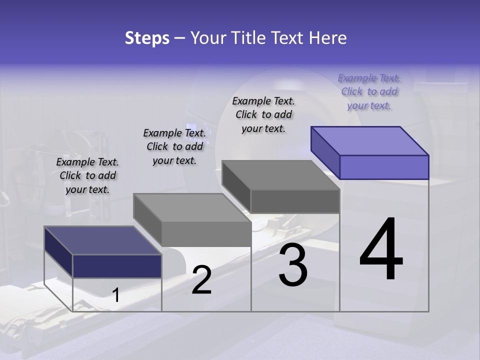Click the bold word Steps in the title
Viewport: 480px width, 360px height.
pyautogui.click(x=147, y=38)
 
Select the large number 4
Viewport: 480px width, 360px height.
pyautogui.click(x=381, y=250)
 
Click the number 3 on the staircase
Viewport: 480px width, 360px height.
pyautogui.click(x=293, y=265)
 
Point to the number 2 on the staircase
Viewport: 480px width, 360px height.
pyautogui.click(x=201, y=280)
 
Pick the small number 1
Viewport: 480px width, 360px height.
pyautogui.click(x=116, y=295)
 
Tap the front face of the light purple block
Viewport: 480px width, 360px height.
pyautogui.click(x=384, y=167)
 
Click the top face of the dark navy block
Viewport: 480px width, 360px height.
pyautogui.click(x=103, y=240)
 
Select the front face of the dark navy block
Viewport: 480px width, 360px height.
pyautogui.click(x=117, y=266)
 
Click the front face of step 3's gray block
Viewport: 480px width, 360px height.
pyautogui.click(x=295, y=201)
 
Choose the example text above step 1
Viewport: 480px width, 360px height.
pyautogui.click(x=87, y=175)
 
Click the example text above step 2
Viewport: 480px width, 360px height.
pyautogui.click(x=174, y=146)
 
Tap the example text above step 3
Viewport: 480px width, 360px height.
pyautogui.click(x=263, y=114)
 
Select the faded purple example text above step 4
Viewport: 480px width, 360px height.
pyautogui.click(x=369, y=91)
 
